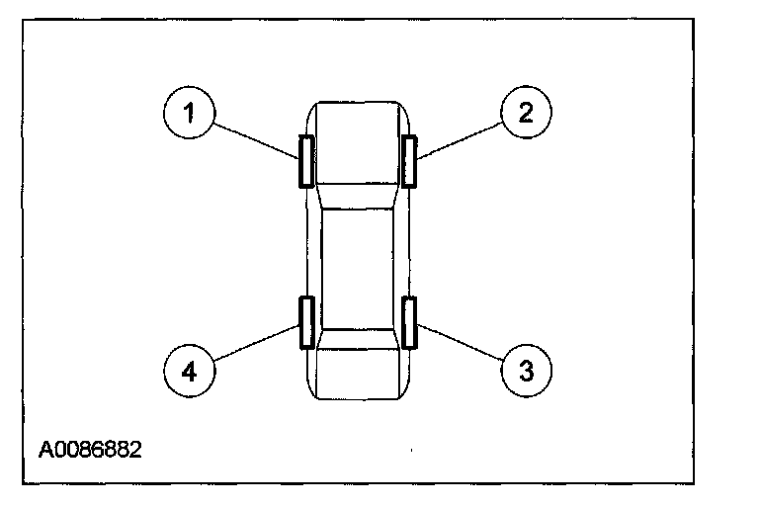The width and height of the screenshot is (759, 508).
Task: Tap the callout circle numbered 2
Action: click(x=526, y=113)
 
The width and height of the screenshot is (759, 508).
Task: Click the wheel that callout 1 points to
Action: click(x=306, y=160)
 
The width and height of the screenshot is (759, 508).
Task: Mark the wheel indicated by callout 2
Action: click(x=409, y=160)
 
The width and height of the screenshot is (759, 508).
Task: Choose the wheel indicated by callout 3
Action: click(x=409, y=322)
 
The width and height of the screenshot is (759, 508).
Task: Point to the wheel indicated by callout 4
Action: click(x=306, y=322)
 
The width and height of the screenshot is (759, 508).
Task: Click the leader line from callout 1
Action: click(x=257, y=138)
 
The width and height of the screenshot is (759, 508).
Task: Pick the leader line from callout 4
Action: click(x=257, y=344)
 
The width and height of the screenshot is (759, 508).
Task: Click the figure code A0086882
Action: click(x=91, y=450)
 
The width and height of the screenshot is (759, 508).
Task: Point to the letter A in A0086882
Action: click(x=46, y=450)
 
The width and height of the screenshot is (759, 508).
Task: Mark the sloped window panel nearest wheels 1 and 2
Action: click(x=358, y=197)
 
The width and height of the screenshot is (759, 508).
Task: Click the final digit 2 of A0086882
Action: click(x=136, y=450)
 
